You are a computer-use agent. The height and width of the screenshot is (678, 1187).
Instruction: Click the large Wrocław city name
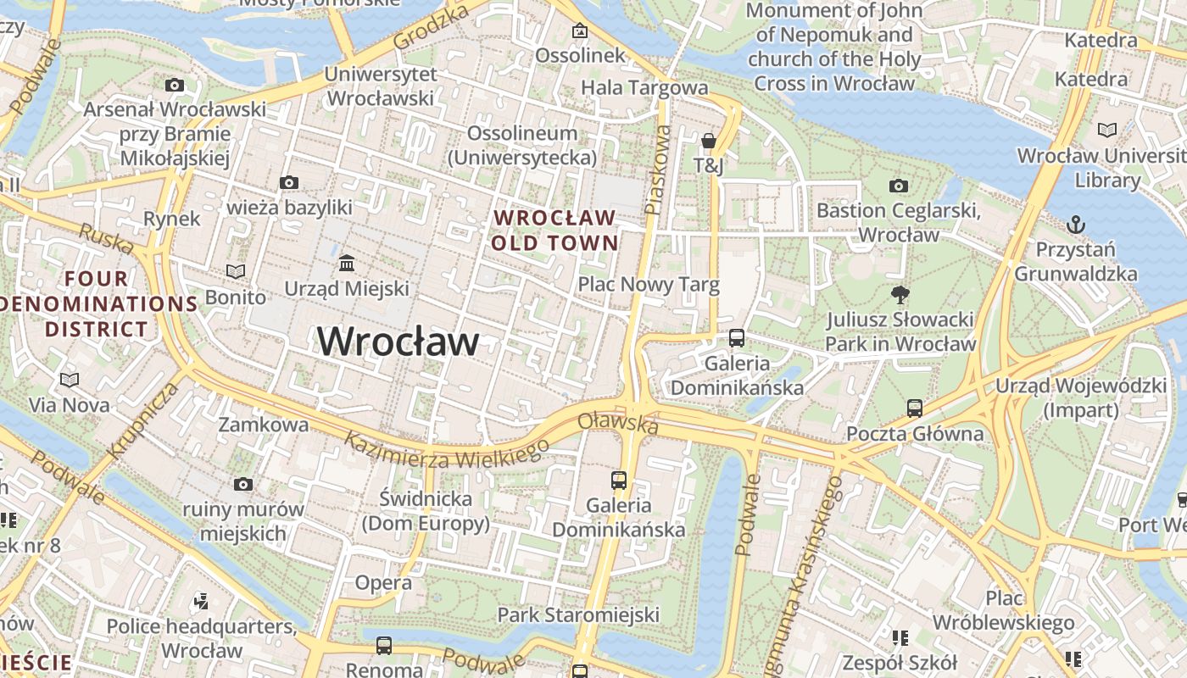398,342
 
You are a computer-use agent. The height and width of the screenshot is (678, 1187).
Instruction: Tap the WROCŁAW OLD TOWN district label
555,231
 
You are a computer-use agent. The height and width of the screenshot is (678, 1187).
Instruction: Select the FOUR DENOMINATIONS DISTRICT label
98,303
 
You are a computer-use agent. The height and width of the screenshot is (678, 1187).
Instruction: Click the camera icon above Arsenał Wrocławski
175,85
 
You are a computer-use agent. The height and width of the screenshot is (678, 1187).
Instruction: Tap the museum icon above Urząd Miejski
347,263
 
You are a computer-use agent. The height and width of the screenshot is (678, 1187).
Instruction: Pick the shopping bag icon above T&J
709,141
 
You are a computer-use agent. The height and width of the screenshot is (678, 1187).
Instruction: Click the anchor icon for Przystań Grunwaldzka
1075,225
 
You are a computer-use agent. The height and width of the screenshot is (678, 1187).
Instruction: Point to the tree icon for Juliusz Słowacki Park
900,295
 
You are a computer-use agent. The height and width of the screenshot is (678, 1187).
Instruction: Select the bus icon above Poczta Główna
914,408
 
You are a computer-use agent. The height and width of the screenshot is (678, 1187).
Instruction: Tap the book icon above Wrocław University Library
1106,130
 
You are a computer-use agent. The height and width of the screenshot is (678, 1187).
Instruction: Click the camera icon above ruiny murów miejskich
243,484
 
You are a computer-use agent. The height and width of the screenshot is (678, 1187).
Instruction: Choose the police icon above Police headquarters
201,602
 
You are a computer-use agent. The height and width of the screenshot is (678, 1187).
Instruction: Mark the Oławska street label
618,423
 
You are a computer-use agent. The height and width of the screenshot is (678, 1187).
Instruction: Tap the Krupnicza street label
144,420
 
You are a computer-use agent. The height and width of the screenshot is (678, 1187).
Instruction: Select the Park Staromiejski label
577,614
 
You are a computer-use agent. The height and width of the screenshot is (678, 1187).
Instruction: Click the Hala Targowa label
644,87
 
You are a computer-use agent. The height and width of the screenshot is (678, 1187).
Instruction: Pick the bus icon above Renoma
384,646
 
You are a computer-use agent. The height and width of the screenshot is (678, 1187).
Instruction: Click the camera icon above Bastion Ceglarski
899,186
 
